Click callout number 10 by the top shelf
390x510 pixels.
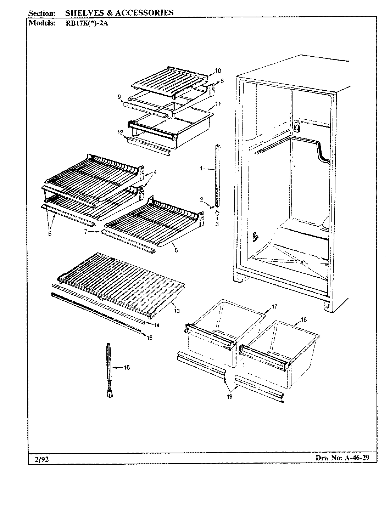[x=218, y=70]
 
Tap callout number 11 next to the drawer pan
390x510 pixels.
[x=218, y=104]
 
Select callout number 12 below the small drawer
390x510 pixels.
[x=120, y=132]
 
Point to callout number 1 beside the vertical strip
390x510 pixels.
[x=201, y=169]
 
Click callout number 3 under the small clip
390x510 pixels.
[x=217, y=224]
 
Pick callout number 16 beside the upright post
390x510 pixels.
[x=127, y=367]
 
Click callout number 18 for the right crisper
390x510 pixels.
[x=303, y=319]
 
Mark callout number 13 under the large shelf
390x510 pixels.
[x=177, y=311]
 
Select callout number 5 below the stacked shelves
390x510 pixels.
[x=50, y=233]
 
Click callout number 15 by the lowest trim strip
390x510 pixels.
[x=150, y=338]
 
